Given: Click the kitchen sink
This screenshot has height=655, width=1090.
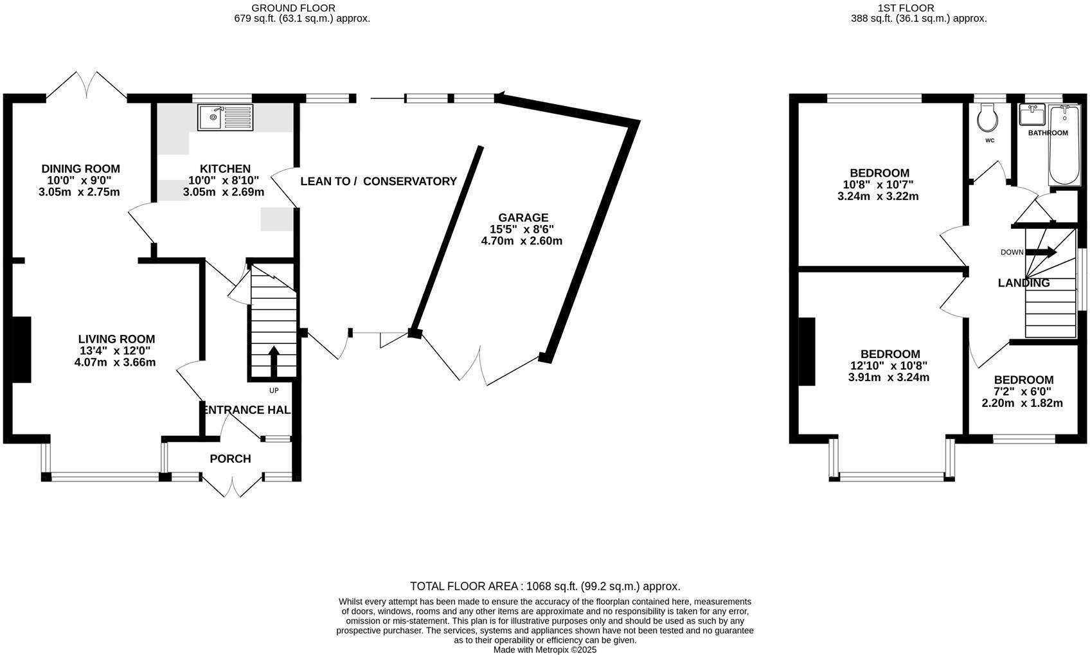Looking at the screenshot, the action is (x=226, y=117).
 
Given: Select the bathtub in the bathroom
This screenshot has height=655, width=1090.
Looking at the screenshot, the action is (x=1065, y=145).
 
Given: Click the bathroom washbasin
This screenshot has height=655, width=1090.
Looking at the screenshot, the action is (x=1032, y=114).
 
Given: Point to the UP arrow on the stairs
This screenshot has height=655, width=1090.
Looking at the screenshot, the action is (x=274, y=361).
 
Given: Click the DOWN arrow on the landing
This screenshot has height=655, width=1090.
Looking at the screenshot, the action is (x=1041, y=252).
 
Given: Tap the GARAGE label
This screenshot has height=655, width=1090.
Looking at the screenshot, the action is (x=523, y=217).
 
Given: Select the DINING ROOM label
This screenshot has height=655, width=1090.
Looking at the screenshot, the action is (x=81, y=169).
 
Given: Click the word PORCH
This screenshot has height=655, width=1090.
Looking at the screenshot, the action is (x=231, y=458).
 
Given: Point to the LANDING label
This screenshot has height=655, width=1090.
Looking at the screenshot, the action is (x=1024, y=283).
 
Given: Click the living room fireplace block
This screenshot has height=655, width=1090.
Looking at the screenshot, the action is (x=21, y=350).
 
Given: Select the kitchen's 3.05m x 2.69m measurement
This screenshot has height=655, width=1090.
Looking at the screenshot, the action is (x=224, y=192).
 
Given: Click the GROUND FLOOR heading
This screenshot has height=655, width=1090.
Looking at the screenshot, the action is (x=294, y=8).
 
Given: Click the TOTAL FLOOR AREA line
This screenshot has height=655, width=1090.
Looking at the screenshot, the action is (x=545, y=586).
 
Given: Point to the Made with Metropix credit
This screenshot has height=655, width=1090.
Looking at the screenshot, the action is (x=545, y=650).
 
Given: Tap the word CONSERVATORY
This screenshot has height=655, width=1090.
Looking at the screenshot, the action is (x=410, y=181).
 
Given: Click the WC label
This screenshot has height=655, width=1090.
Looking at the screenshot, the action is (x=990, y=141).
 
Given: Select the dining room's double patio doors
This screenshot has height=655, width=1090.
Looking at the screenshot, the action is (x=87, y=87).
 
